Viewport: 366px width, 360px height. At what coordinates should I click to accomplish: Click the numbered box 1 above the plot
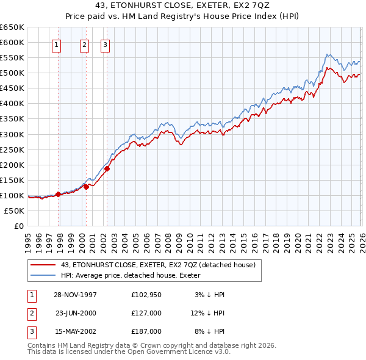pos(57,44)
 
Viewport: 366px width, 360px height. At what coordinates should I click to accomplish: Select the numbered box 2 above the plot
pos(84,44)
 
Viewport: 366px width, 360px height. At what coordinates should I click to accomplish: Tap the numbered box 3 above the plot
pos(105,44)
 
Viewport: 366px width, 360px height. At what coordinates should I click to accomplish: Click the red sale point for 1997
pos(59,194)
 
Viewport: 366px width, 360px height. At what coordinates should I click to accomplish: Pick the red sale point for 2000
pos(86,187)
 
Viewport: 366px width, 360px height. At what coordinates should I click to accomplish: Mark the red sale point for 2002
pos(107,168)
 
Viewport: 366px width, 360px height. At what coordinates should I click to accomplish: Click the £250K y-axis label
pos(12,149)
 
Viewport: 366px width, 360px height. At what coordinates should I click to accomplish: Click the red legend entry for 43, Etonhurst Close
pos(161,265)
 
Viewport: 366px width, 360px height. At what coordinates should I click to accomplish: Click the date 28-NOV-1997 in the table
pos(76,295)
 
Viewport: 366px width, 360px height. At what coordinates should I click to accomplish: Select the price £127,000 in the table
pos(146,313)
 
